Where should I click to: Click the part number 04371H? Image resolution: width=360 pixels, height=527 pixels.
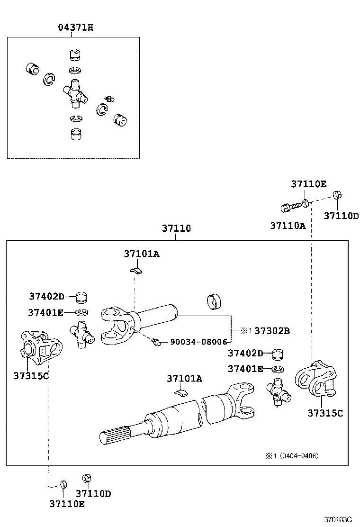click(x=75, y=27)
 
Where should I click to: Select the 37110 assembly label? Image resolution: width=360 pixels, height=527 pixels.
click(x=176, y=228)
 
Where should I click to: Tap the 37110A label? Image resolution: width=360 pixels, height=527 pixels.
click(x=288, y=226)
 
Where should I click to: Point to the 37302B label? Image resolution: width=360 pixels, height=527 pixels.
click(x=271, y=331)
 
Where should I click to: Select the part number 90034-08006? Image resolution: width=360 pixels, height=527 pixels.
click(x=198, y=341)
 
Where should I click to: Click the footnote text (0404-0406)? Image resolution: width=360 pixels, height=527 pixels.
click(x=298, y=456)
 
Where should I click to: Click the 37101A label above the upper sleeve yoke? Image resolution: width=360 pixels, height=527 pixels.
click(x=142, y=254)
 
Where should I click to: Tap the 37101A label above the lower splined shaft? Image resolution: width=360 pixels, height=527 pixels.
click(x=184, y=378)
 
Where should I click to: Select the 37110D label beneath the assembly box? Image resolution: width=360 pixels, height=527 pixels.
click(x=93, y=493)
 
